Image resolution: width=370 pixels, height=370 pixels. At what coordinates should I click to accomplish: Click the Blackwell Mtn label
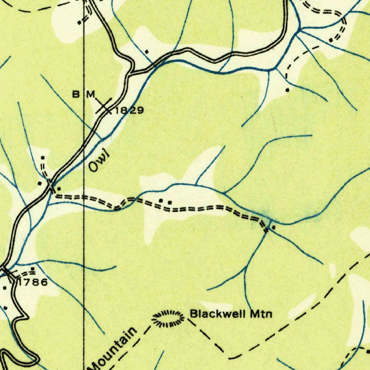pyautogui.click(x=231, y=314)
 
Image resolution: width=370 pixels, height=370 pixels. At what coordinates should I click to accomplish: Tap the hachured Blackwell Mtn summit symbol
pyautogui.click(x=167, y=319)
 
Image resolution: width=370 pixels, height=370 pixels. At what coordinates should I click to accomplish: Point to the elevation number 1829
pyautogui.click(x=129, y=111)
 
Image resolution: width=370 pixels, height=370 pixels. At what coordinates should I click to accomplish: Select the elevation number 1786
pyautogui.click(x=33, y=282)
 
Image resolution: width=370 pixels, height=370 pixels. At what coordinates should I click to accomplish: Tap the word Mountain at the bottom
pyautogui.click(x=114, y=348)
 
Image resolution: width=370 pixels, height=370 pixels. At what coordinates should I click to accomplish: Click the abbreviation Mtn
pyautogui.click(x=262, y=314)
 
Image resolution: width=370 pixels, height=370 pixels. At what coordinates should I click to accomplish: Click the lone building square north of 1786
pyautogui.click(x=33, y=269)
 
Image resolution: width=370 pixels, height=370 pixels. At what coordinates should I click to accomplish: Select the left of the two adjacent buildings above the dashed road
pyautogui.click(x=161, y=200)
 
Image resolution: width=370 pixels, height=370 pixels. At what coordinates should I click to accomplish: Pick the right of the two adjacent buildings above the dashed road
pyautogui.click(x=169, y=201)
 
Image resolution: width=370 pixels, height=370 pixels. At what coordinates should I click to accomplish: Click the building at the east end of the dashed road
pyautogui.click(x=273, y=228)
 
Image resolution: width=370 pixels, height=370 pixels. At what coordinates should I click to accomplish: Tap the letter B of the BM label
pyautogui.click(x=76, y=95)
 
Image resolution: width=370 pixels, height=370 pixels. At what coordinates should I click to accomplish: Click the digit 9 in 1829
pyautogui.click(x=140, y=111)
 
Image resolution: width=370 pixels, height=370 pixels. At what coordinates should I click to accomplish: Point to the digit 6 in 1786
pyautogui.click(x=43, y=282)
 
